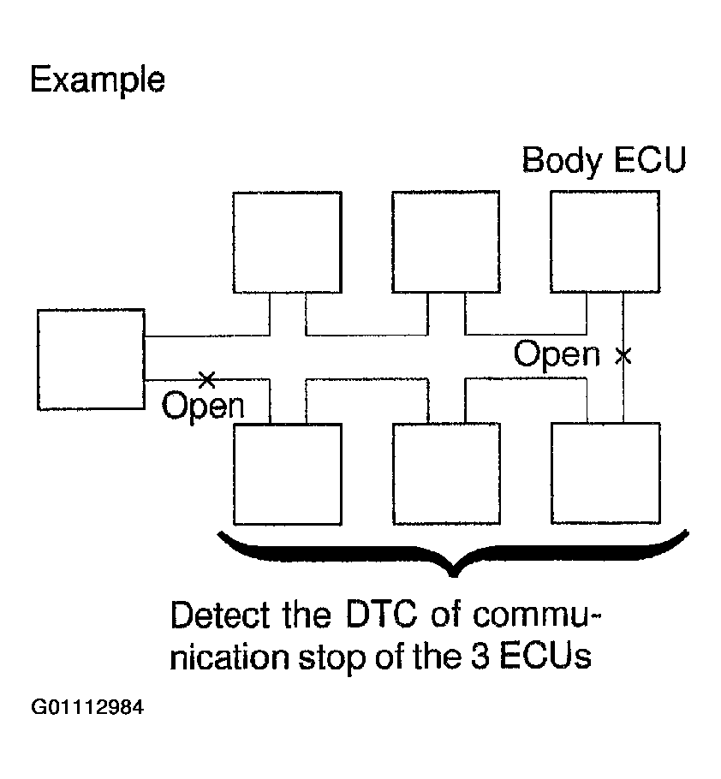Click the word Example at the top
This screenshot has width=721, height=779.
point(97,80)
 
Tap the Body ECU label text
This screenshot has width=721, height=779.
point(604,160)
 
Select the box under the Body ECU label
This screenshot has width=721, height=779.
point(605,242)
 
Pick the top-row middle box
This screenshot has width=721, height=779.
point(445,242)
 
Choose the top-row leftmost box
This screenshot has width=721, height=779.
point(288,242)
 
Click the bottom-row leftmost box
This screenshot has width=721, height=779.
point(288,473)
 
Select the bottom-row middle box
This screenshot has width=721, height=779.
point(445,473)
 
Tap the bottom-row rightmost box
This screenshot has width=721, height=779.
point(605,473)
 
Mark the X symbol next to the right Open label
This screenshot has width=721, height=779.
point(623,354)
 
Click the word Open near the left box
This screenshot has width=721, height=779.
point(203,406)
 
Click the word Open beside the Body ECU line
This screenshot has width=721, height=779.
point(557,354)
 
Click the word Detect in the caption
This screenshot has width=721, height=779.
point(223,615)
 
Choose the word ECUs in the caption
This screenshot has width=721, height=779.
point(548,658)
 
